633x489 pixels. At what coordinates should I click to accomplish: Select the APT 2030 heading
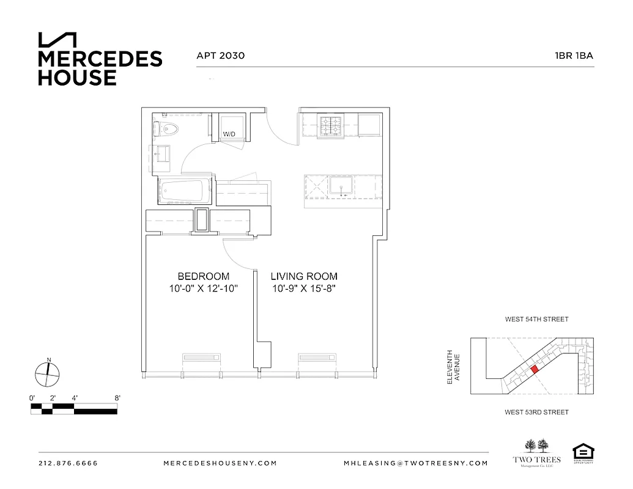[x=220, y=56]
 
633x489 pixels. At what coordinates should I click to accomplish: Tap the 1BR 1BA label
[x=574, y=56]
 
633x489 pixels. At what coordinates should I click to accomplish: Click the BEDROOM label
[x=204, y=276]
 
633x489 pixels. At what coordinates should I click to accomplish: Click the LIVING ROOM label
[x=305, y=276]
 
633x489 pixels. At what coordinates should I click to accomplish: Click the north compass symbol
[x=47, y=373]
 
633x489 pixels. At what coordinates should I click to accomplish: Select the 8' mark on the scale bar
[x=117, y=398]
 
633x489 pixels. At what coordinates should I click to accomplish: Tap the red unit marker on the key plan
[x=535, y=369]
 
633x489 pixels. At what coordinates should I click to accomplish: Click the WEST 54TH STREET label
[x=536, y=320]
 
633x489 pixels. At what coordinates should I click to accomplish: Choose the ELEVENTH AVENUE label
[x=453, y=367]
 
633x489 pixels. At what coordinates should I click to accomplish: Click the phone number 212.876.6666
[x=68, y=463]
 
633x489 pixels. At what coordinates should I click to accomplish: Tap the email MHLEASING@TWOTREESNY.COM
[x=416, y=463]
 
